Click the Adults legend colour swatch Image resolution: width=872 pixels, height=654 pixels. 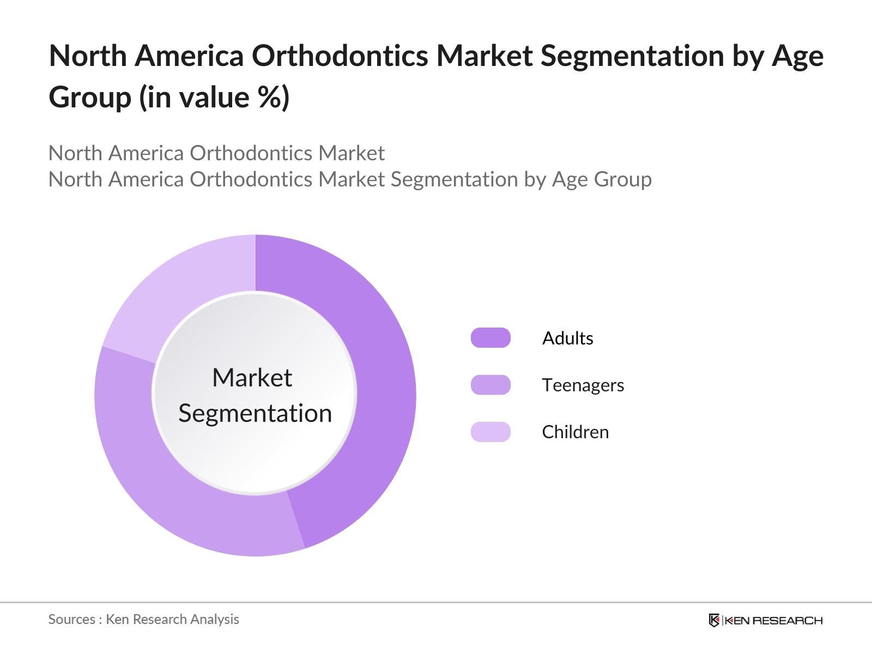491,338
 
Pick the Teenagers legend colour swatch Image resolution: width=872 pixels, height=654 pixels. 491,385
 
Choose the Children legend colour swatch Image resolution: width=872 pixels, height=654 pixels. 491,432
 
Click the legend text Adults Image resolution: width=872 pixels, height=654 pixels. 567,338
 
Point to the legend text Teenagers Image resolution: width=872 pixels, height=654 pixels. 583,385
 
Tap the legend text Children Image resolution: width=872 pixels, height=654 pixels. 575,432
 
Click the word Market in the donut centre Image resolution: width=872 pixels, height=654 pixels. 252,378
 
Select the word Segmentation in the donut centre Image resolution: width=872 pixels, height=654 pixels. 255,413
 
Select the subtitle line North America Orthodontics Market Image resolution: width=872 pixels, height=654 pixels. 216,153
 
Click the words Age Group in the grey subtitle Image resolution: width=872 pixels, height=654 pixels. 602,179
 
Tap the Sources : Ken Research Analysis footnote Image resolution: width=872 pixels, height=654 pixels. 143,619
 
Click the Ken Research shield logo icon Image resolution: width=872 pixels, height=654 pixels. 714,620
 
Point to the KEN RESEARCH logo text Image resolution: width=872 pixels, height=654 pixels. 773,620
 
